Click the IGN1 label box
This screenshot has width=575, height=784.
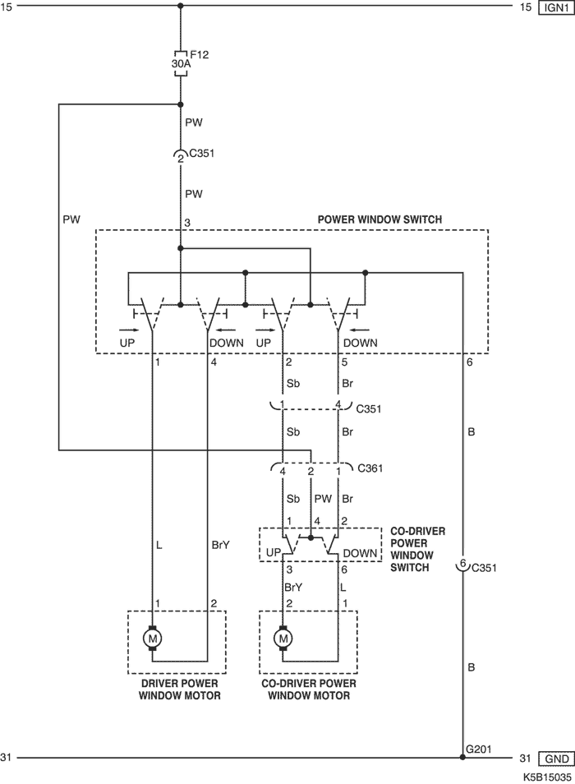click(556, 8)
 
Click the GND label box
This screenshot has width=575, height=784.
click(556, 759)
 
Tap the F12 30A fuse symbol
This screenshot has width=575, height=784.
click(181, 63)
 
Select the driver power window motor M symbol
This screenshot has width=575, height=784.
click(153, 639)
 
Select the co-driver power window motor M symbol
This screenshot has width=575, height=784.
click(283, 639)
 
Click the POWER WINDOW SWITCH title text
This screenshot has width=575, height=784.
click(379, 219)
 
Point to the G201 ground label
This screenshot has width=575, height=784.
click(479, 749)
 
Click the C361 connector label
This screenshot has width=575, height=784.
click(370, 468)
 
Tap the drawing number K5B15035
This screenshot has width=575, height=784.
click(547, 777)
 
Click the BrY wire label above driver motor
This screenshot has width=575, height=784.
click(220, 545)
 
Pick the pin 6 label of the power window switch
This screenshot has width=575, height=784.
click(470, 362)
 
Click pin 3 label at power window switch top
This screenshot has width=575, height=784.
click(187, 223)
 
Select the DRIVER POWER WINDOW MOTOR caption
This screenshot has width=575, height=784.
click(179, 689)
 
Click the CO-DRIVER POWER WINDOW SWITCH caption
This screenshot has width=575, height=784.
click(417, 550)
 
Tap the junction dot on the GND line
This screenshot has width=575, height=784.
click(462, 758)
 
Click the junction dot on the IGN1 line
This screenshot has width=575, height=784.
click(181, 6)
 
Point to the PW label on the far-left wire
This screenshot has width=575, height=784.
click(71, 219)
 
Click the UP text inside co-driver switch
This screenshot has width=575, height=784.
click(274, 553)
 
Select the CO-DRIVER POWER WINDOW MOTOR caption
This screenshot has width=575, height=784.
click(309, 689)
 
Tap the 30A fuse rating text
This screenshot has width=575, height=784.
click(181, 64)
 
